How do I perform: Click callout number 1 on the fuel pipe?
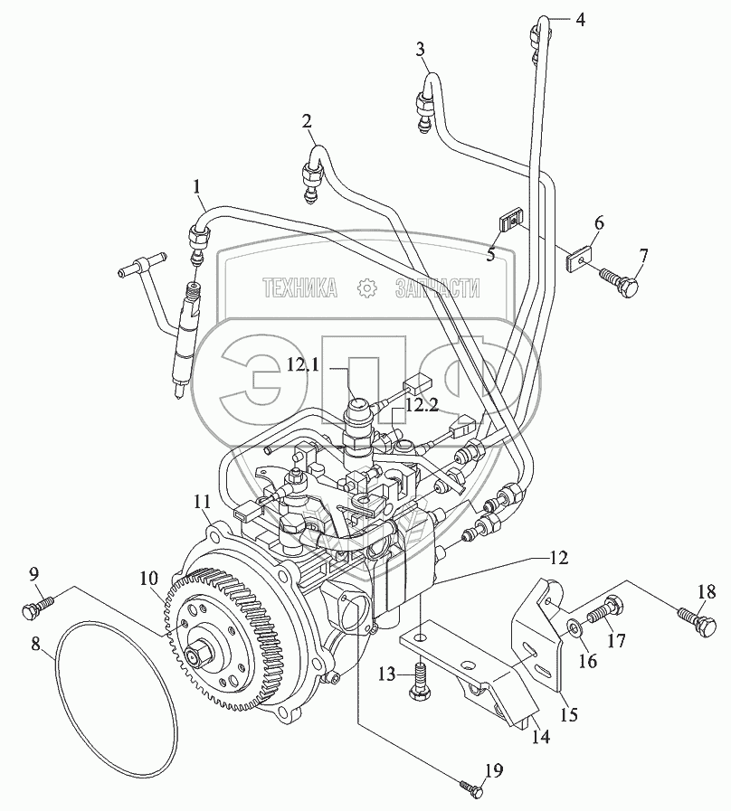tap(196, 187)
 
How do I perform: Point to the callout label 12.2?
tap(422, 407)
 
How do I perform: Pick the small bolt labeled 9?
tap(33, 610)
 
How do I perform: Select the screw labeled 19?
tap(473, 787)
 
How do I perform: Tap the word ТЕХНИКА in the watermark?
tap(299, 288)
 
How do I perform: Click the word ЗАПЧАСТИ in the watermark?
tap(438, 288)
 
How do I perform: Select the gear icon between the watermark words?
tap(366, 288)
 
